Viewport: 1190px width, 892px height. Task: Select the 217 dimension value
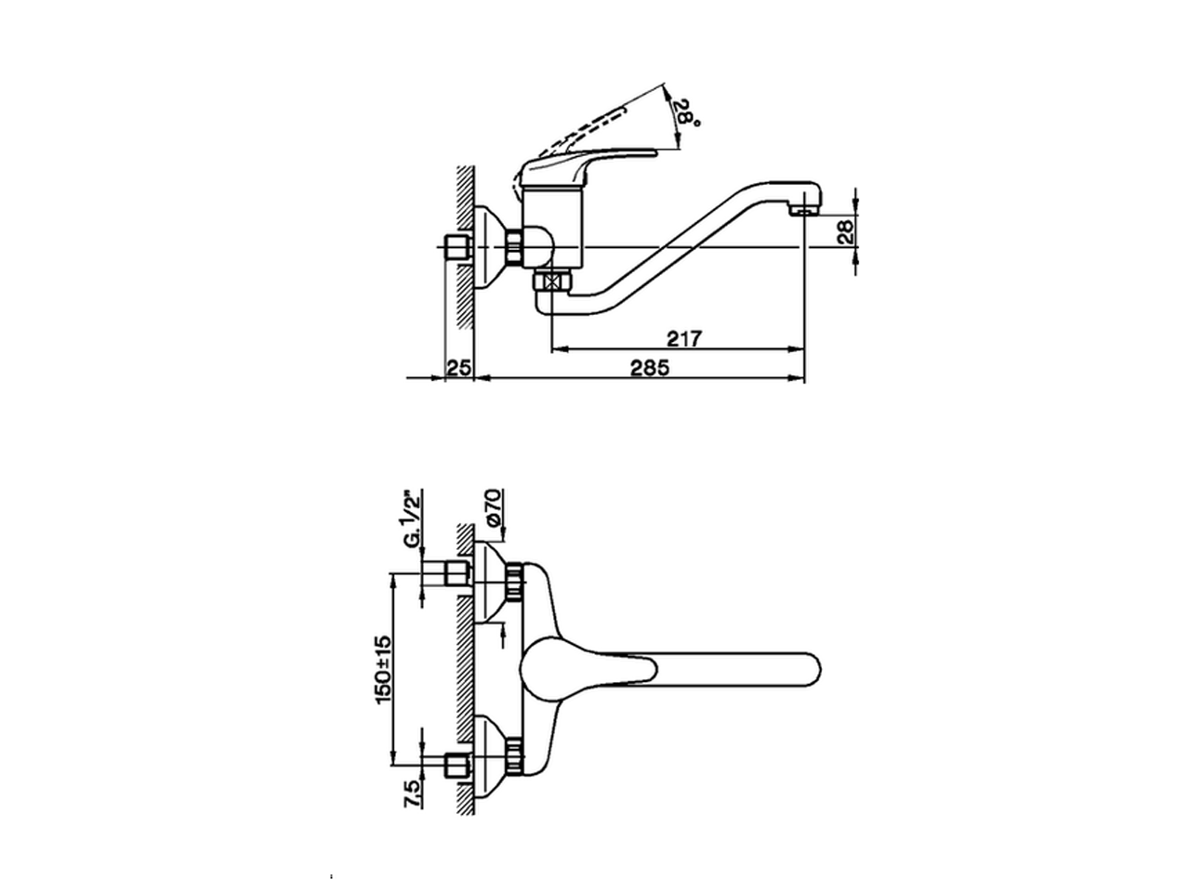click(x=683, y=339)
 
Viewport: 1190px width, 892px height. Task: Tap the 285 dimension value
click(x=650, y=368)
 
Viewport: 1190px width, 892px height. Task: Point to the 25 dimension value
click(x=458, y=368)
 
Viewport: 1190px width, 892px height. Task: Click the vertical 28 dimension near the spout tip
click(x=845, y=231)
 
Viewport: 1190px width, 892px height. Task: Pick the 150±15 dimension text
click(x=382, y=669)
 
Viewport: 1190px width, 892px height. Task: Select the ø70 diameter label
click(x=493, y=509)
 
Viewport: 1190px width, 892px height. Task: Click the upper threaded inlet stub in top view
click(x=456, y=572)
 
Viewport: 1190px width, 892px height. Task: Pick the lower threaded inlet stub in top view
click(x=456, y=767)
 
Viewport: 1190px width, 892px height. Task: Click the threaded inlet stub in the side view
click(x=456, y=248)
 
